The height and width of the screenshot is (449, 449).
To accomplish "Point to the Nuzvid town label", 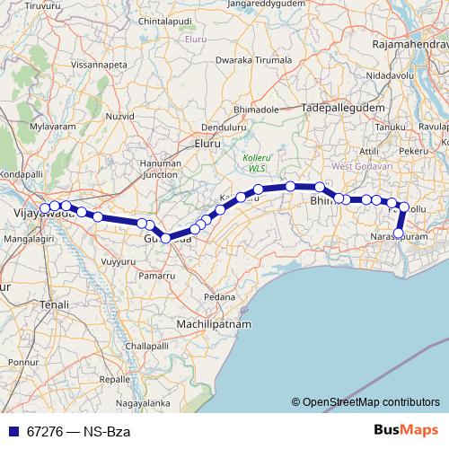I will pyautogui.click(x=116, y=117).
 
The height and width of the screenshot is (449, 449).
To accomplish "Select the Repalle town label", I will pyautogui.click(x=115, y=379).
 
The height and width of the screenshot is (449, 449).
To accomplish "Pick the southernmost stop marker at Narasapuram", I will pyautogui.click(x=399, y=233).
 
